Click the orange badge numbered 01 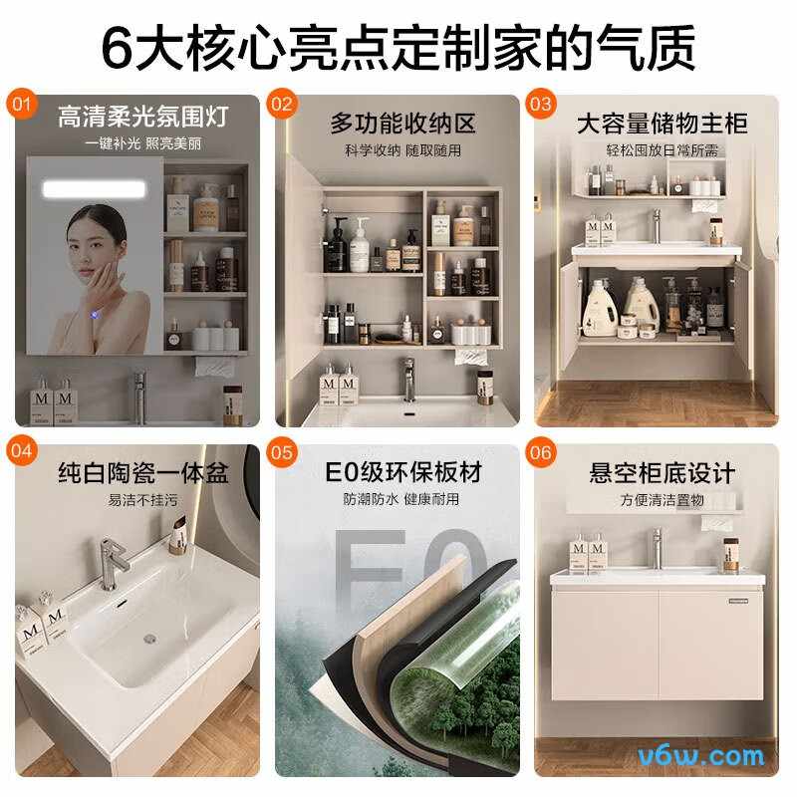(x=21, y=105)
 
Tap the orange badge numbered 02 (x=282, y=105)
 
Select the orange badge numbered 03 (x=540, y=105)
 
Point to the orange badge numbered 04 (x=21, y=451)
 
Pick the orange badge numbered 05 (x=282, y=452)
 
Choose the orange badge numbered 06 (x=540, y=452)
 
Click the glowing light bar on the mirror (x=94, y=189)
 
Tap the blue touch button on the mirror (x=95, y=316)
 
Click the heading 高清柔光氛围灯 (x=142, y=117)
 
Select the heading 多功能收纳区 (x=402, y=124)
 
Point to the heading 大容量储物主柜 (x=662, y=124)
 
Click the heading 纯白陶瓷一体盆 (x=142, y=472)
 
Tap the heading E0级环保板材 (x=402, y=472)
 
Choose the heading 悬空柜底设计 (x=662, y=473)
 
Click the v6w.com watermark (x=701, y=756)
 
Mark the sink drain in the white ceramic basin (x=149, y=639)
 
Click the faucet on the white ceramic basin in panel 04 (x=112, y=563)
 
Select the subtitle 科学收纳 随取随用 (x=402, y=150)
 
